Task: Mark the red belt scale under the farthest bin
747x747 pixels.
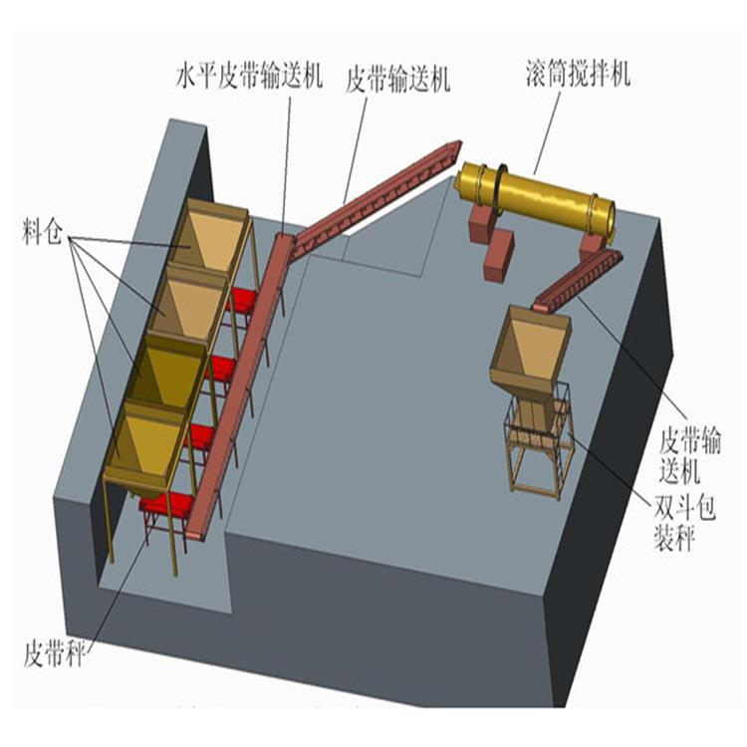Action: point(244,296)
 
